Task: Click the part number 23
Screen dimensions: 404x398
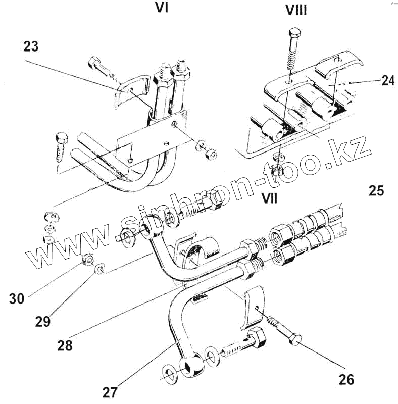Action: click(31, 46)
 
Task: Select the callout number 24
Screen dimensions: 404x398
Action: click(387, 81)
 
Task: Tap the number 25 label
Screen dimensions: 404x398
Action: click(376, 191)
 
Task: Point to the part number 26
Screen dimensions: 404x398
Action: click(346, 379)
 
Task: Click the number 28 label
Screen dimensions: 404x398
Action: click(65, 346)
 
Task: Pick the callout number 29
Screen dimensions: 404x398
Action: click(43, 321)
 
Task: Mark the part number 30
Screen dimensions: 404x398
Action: click(17, 298)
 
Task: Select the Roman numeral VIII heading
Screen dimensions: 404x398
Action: click(296, 10)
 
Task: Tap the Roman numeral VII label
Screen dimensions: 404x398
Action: click(269, 197)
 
